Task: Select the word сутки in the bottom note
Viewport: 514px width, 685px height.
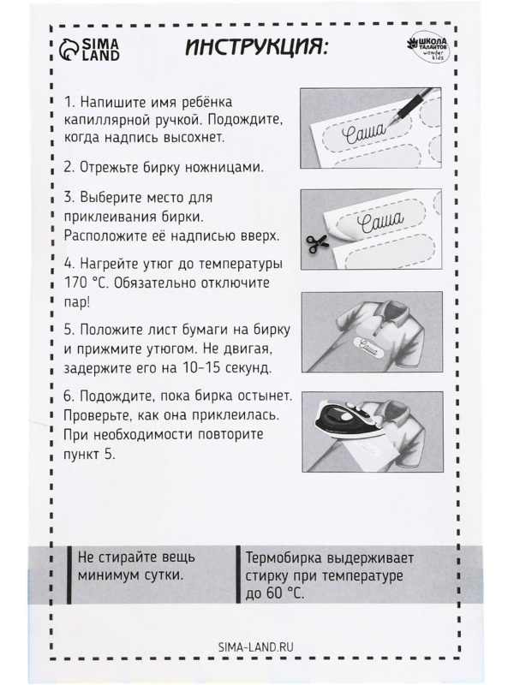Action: [160, 575]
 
